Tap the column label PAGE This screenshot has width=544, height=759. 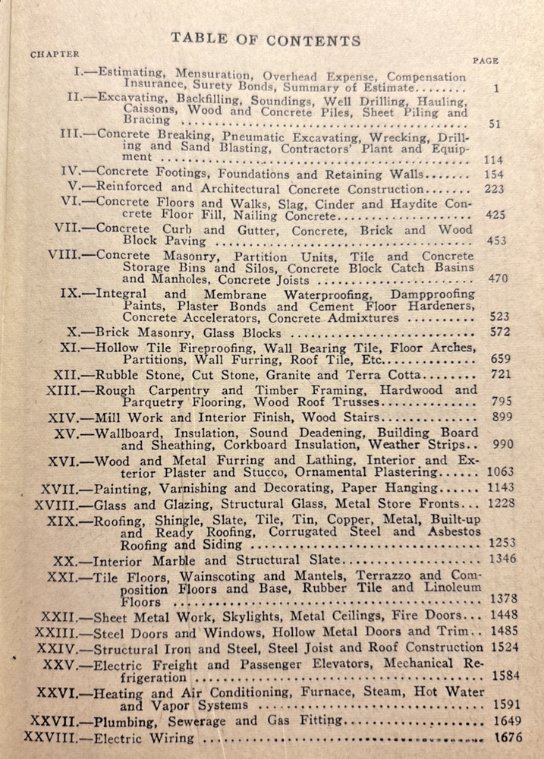coord(485,61)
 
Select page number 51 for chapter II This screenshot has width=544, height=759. coord(494,124)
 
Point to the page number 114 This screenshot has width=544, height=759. coord(493,160)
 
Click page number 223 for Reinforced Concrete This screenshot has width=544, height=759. coord(494,187)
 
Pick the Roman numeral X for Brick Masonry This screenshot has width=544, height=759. coord(73,332)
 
